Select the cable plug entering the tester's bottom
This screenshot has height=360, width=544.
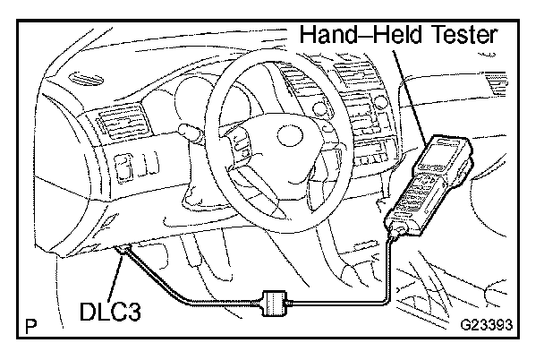(395, 235)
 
